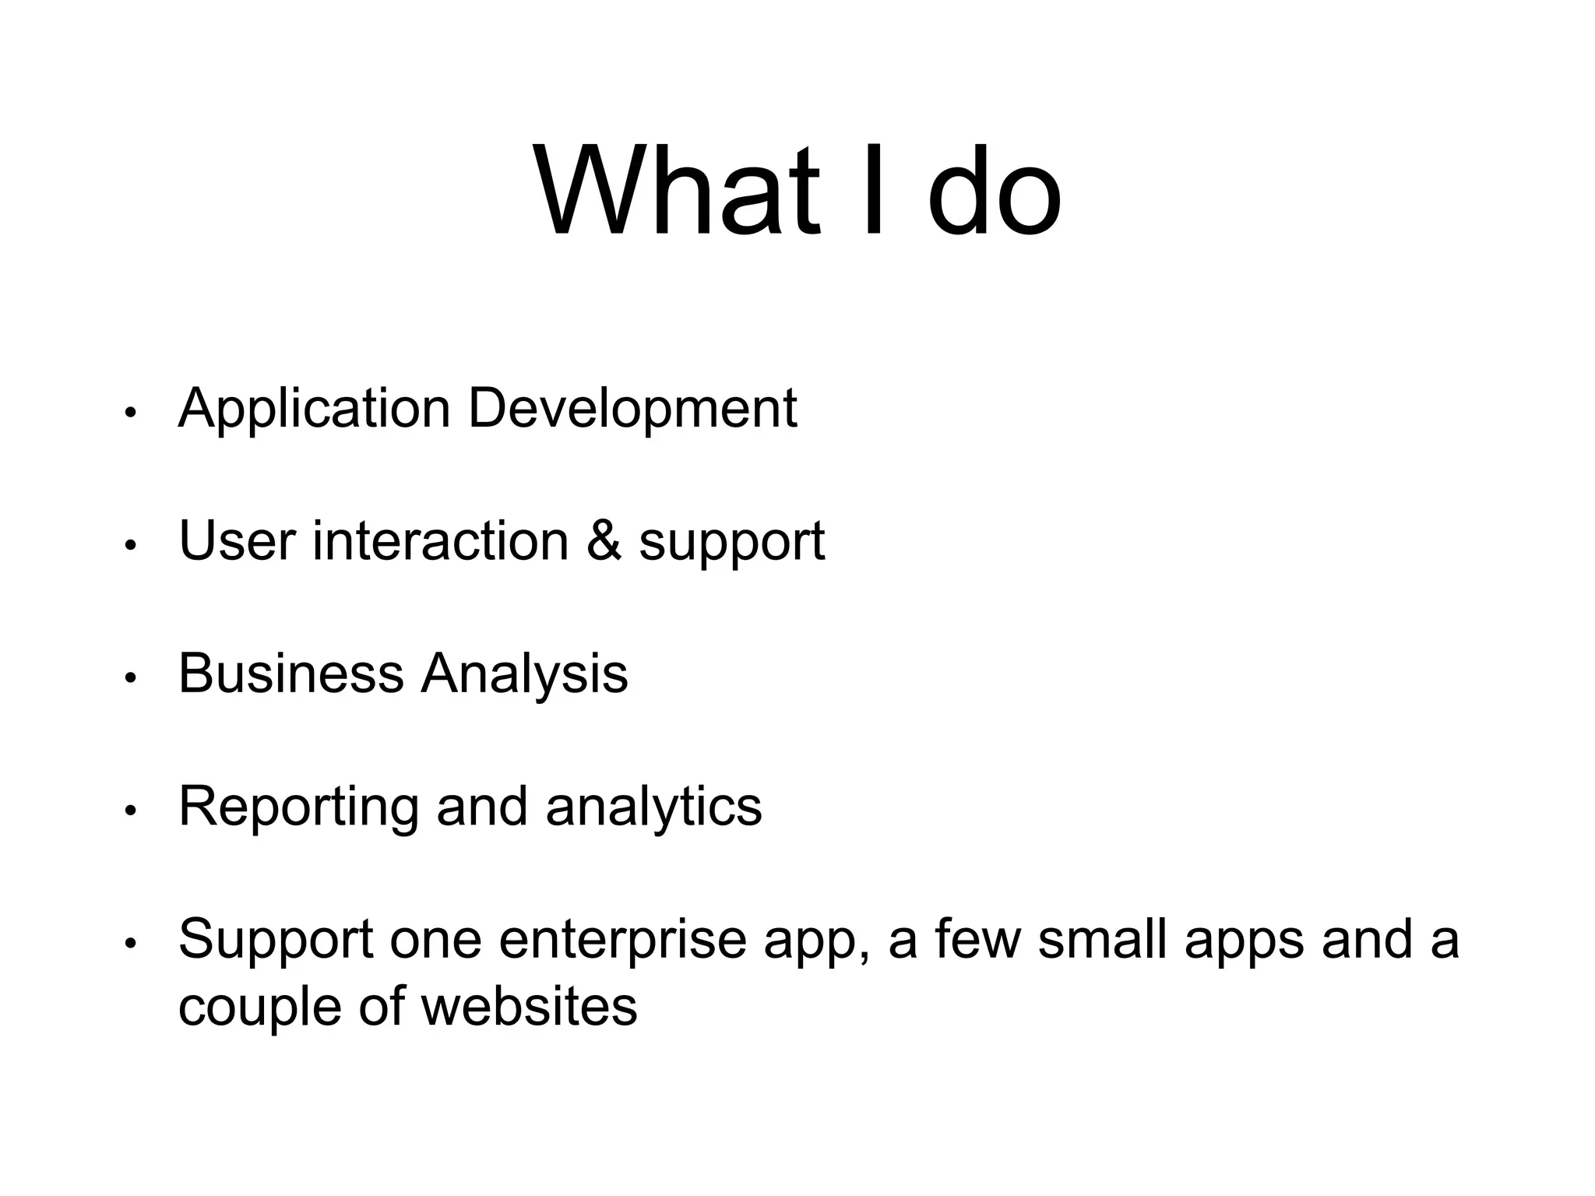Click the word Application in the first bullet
point(314,410)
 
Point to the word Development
point(632,410)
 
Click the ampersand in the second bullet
point(604,541)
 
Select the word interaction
point(440,541)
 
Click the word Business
point(290,674)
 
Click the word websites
point(529,1006)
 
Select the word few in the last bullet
point(977,939)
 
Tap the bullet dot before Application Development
point(131,413)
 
